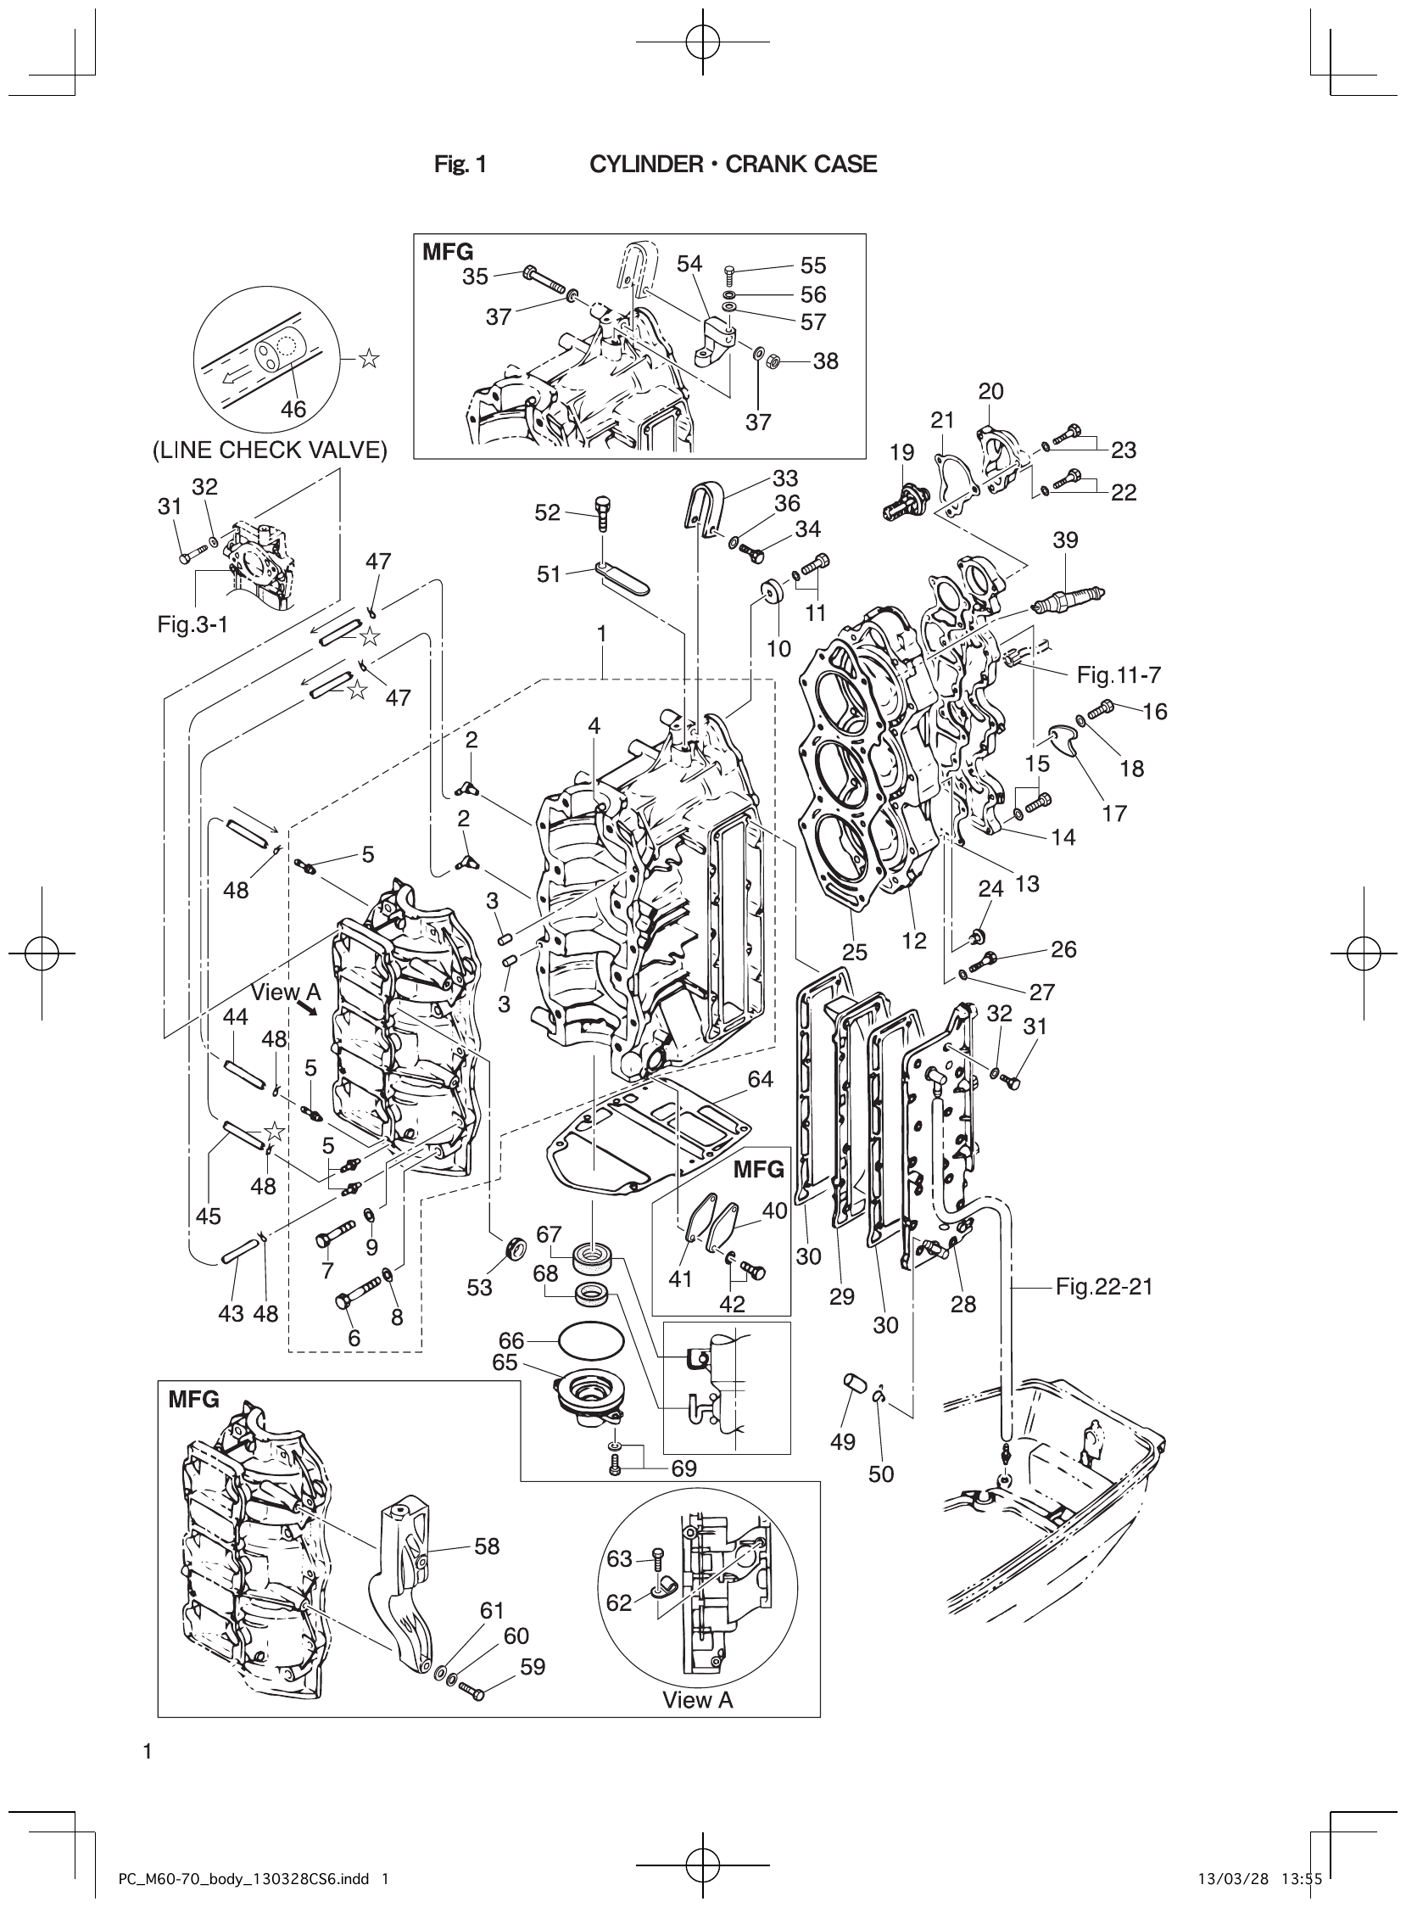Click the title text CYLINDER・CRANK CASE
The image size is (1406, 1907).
pyautogui.click(x=733, y=165)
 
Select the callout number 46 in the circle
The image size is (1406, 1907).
pyautogui.click(x=293, y=410)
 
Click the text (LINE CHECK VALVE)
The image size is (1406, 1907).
pyautogui.click(x=270, y=450)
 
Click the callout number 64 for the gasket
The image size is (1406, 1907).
pyautogui.click(x=760, y=1079)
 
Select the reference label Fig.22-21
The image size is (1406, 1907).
pyautogui.click(x=1104, y=1286)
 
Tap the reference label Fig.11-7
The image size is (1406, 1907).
pyautogui.click(x=1119, y=675)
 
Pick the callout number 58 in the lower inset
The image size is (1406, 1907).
pyautogui.click(x=487, y=1546)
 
